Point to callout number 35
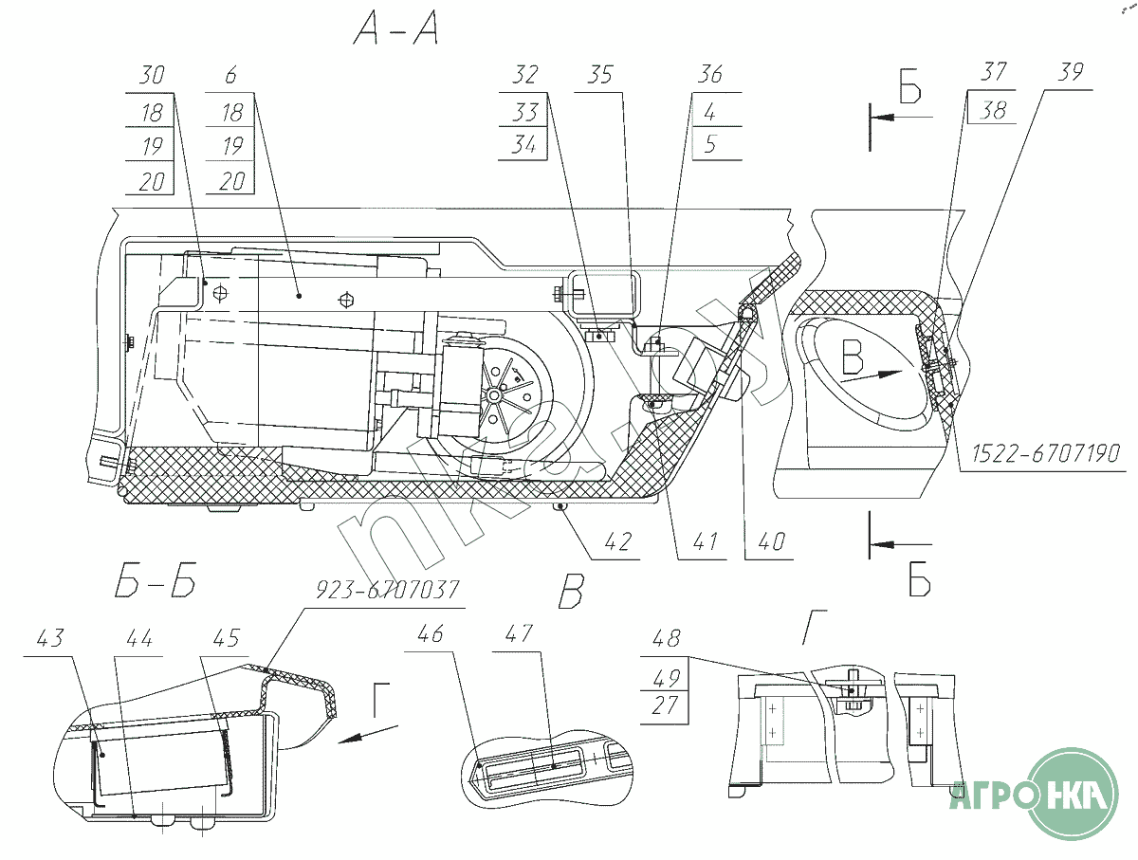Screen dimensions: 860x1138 (600, 75)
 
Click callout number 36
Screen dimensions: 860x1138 (709, 75)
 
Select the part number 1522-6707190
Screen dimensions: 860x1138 (1045, 455)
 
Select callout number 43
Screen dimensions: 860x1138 (50, 638)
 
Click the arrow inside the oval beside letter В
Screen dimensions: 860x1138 (882, 374)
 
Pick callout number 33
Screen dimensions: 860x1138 (524, 112)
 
